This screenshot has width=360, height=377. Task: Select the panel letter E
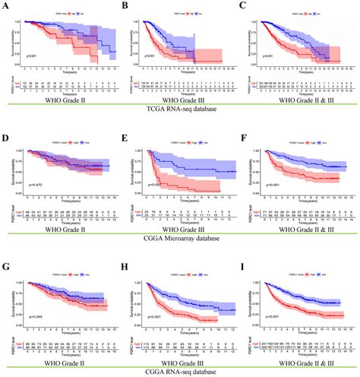pos(126,131)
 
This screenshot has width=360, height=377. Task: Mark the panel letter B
pos(125,5)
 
